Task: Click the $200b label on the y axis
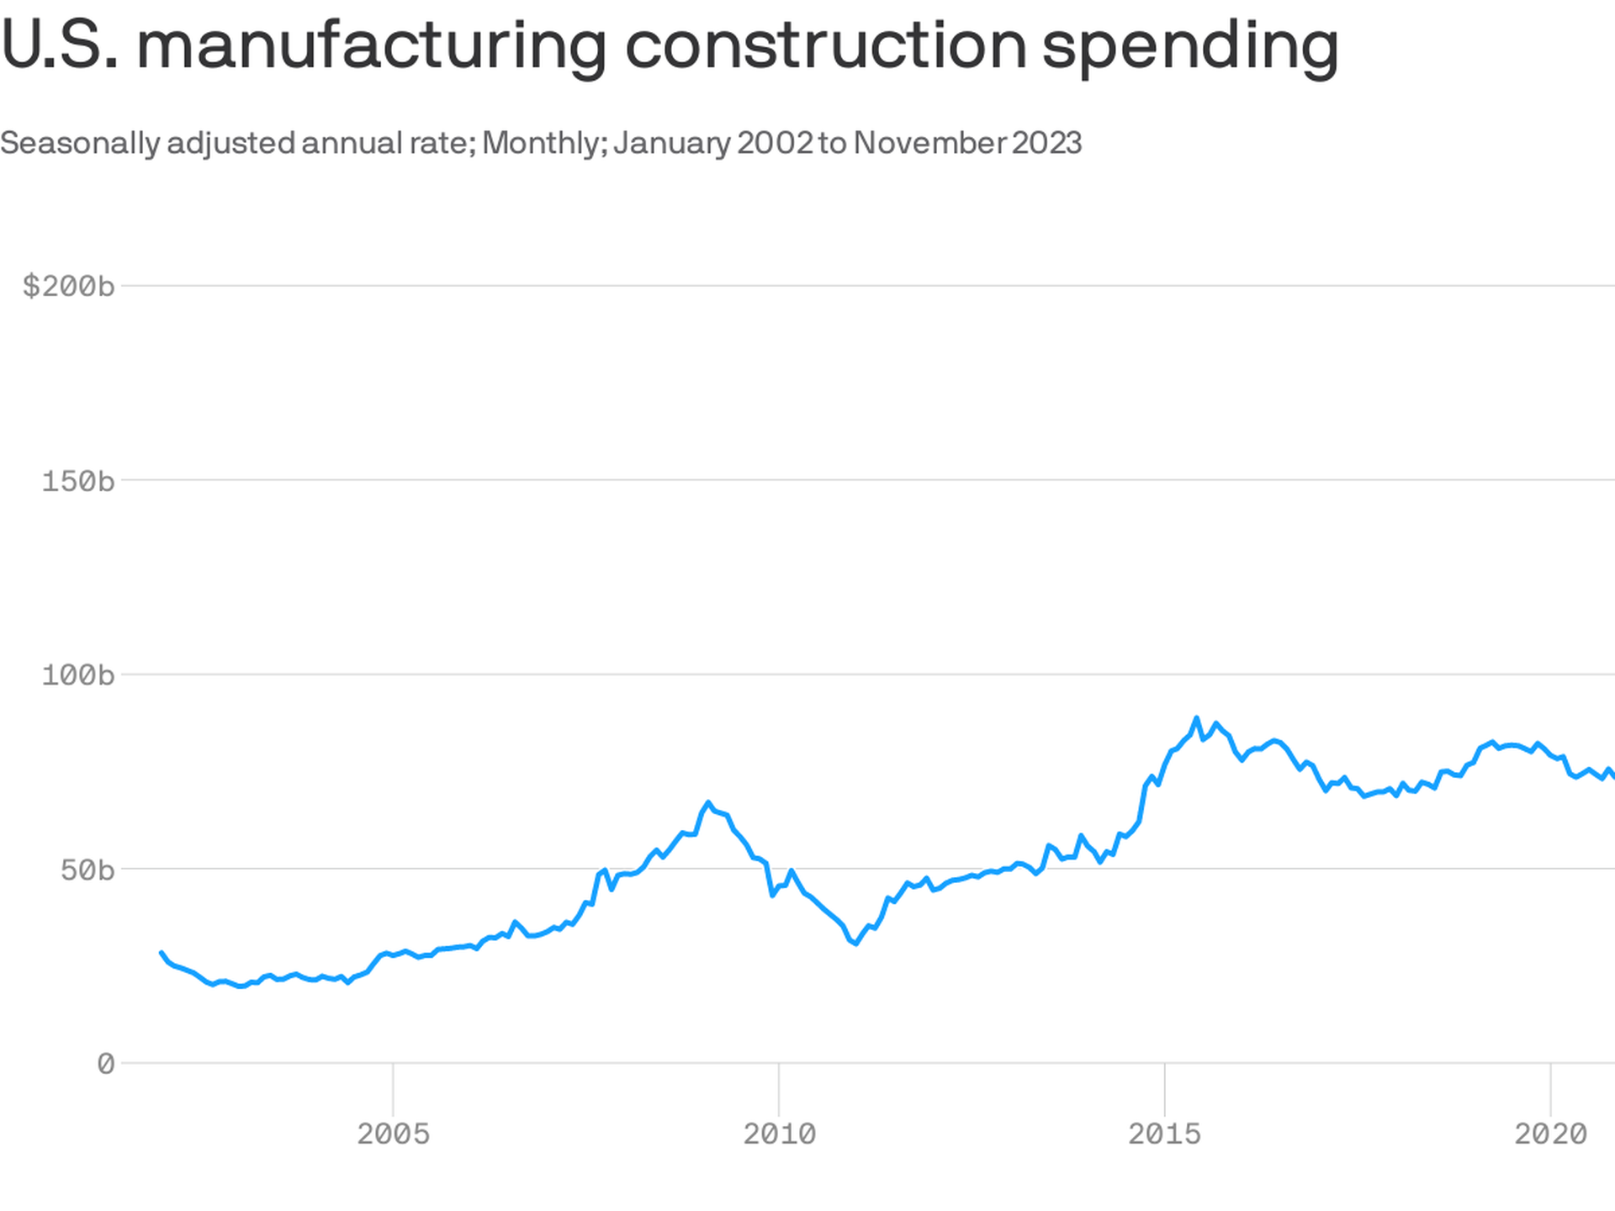pyautogui.click(x=69, y=287)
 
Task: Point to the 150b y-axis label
pyautogui.click(x=78, y=481)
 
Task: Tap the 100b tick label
pyautogui.click(x=78, y=675)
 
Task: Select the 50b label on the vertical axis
pyautogui.click(x=87, y=870)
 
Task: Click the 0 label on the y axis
pyautogui.click(x=106, y=1065)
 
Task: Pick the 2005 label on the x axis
pyautogui.click(x=393, y=1134)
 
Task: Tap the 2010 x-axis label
pyautogui.click(x=779, y=1134)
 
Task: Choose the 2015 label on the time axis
pyautogui.click(x=1165, y=1134)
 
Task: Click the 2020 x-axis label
pyautogui.click(x=1550, y=1134)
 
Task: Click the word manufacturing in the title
pyautogui.click(x=371, y=46)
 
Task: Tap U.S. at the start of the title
pyautogui.click(x=59, y=46)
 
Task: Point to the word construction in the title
pyautogui.click(x=826, y=46)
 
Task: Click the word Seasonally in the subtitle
pyautogui.click(x=80, y=144)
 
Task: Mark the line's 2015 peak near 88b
pyautogui.click(x=1196, y=719)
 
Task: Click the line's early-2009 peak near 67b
pyautogui.click(x=708, y=803)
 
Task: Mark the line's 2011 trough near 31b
pyautogui.click(x=855, y=944)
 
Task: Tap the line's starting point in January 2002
pyautogui.click(x=161, y=952)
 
